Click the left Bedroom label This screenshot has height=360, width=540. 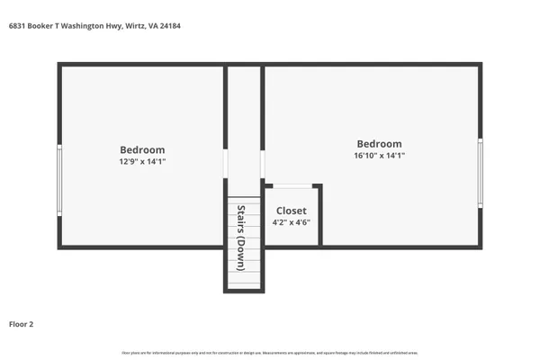pyautogui.click(x=142, y=149)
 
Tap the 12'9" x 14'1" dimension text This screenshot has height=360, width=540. pyautogui.click(x=142, y=162)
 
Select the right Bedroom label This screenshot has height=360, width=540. pyautogui.click(x=379, y=144)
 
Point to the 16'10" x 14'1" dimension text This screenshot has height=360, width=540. pyautogui.click(x=379, y=156)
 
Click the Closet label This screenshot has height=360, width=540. pyautogui.click(x=291, y=211)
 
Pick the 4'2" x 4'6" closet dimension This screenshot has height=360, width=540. pyautogui.click(x=291, y=222)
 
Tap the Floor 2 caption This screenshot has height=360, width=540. pyautogui.click(x=22, y=323)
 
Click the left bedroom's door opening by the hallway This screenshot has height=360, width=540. pyautogui.click(x=225, y=163)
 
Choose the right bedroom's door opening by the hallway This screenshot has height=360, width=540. pyautogui.click(x=262, y=163)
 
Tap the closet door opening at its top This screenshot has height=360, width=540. pyautogui.click(x=291, y=186)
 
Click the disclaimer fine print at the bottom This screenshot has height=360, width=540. pyautogui.click(x=270, y=351)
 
